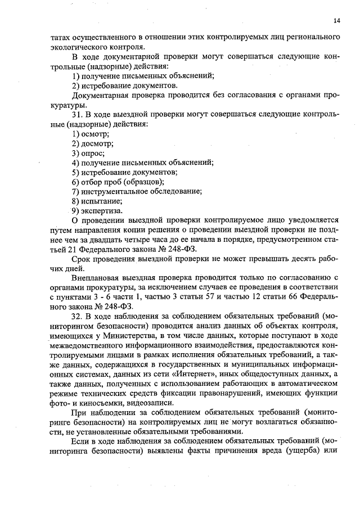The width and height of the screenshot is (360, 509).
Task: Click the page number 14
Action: coord(336,21)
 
